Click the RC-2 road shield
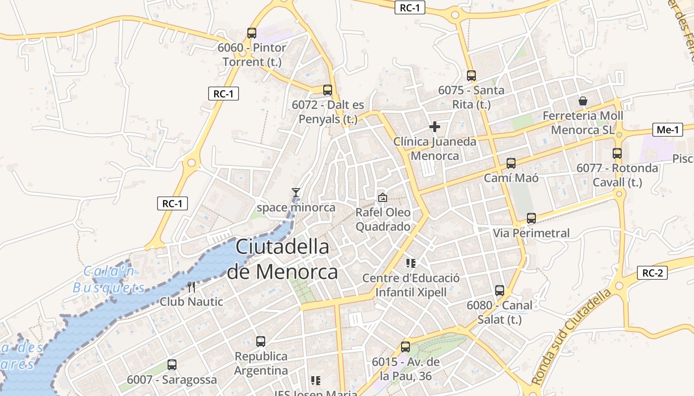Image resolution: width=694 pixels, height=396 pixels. tap(652, 273)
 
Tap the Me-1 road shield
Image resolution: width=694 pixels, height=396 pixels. tap(667, 130)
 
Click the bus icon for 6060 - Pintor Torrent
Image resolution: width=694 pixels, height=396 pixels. tap(252, 33)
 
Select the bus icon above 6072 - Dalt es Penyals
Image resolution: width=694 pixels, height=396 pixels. tap(328, 90)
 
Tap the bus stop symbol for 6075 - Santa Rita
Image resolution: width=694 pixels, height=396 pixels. tap(471, 76)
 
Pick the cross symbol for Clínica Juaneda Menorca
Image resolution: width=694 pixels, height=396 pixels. tap(435, 127)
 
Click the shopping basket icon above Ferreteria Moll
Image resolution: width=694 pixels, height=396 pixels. tap(583, 101)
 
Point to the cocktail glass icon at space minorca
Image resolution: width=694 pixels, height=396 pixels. tap(296, 193)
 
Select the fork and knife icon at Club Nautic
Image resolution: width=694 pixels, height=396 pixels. tap(191, 287)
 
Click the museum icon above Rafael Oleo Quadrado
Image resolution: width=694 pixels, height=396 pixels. tap(383, 198)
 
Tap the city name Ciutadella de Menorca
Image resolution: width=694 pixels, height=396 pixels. tap(282, 259)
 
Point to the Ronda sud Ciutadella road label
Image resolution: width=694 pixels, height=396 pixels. tap(572, 338)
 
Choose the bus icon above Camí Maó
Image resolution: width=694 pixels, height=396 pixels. tap(511, 163)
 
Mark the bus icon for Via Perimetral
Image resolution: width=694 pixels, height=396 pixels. tap(531, 218)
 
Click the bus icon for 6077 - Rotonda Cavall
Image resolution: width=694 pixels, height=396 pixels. tap(617, 153)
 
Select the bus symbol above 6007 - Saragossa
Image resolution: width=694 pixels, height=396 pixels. tap(172, 365)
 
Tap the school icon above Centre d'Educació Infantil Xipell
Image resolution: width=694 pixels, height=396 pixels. tap(411, 263)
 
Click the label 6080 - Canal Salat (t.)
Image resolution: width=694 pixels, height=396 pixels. tap(499, 312)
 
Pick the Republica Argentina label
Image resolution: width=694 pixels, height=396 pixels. tap(261, 363)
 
